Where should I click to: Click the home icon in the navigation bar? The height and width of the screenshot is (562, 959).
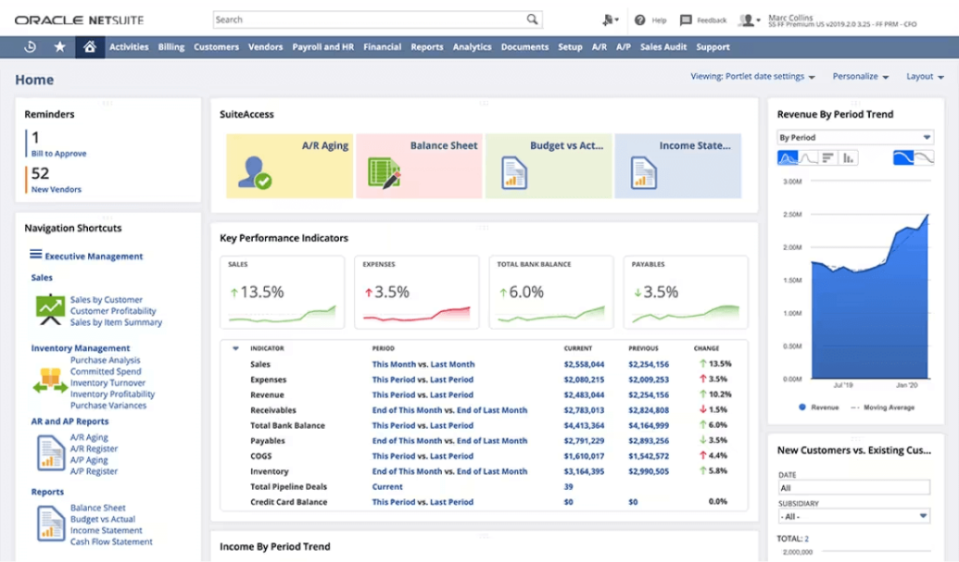tap(89, 47)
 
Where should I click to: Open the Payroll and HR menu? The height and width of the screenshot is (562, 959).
tap(323, 47)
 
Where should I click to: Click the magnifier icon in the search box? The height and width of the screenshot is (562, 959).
tap(532, 20)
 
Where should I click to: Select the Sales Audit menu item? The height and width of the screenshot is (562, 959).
tap(664, 47)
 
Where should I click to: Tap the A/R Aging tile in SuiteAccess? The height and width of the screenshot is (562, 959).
tap(290, 166)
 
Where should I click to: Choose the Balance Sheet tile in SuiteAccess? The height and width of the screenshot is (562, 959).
tap(419, 166)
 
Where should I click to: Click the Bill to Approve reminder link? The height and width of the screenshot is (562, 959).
tap(58, 154)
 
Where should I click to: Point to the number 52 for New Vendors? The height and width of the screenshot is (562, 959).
tap(40, 173)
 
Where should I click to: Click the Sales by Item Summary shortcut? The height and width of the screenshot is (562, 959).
tap(116, 322)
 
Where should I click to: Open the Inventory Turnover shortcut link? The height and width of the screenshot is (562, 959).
tap(108, 383)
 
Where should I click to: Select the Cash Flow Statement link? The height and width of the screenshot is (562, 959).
tap(111, 542)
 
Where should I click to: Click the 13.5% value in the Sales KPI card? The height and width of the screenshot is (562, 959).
tap(262, 292)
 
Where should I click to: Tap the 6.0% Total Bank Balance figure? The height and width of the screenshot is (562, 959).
tap(525, 292)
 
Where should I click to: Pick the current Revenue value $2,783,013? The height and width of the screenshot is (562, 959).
tap(583, 410)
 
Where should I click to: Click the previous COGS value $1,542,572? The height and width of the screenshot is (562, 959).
tap(648, 456)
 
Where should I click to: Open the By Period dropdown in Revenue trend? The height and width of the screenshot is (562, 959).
tap(855, 138)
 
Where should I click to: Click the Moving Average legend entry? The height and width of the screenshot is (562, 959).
tap(888, 407)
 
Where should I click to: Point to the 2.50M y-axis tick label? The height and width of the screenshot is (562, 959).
tap(791, 215)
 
